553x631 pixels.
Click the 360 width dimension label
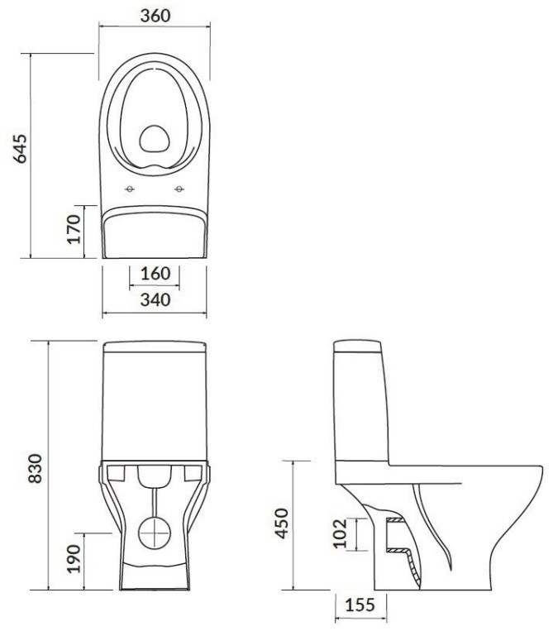click(155, 15)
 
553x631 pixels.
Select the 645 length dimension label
click(20, 149)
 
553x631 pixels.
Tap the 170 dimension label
click(74, 229)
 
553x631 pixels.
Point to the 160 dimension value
click(155, 274)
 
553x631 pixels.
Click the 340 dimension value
click(155, 300)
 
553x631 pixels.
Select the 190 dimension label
click(74, 558)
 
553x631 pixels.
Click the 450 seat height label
click(282, 523)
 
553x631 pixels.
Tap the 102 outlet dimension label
click(340, 533)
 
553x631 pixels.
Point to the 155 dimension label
click(360, 605)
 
